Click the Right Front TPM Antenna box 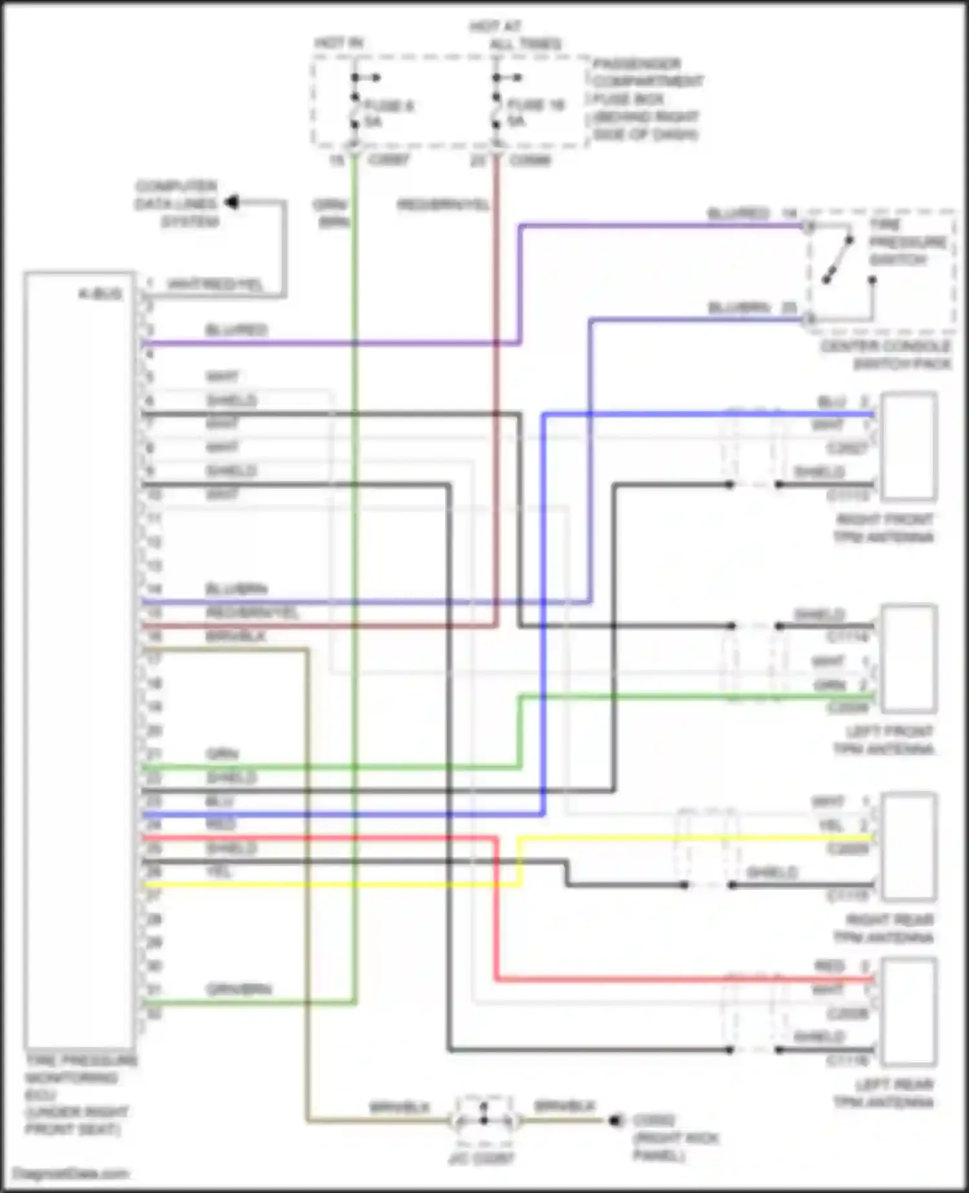(x=910, y=446)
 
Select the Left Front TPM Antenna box (x=910, y=658)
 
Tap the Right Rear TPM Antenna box (x=910, y=846)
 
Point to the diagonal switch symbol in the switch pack (x=837, y=260)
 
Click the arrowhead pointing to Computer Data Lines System (x=231, y=202)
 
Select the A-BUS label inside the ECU (x=101, y=294)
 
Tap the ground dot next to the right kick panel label (x=614, y=1120)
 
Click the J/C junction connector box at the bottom (x=484, y=1120)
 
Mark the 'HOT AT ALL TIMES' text (x=514, y=35)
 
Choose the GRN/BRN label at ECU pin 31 (x=238, y=989)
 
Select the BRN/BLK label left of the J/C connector (x=399, y=1107)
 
